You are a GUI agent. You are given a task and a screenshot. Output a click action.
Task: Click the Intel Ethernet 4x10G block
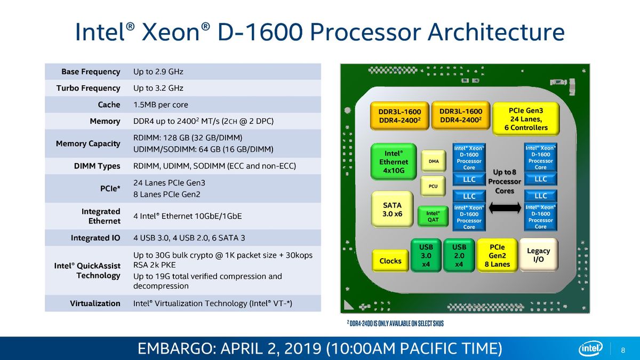pyautogui.click(x=394, y=162)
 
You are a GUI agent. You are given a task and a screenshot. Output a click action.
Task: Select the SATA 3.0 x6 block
pyautogui.click(x=392, y=210)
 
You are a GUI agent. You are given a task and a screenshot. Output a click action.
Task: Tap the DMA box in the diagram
pyautogui.click(x=434, y=161)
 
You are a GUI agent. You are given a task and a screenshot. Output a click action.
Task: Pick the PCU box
pyautogui.click(x=433, y=186)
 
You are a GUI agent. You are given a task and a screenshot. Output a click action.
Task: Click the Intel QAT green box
pyautogui.click(x=433, y=217)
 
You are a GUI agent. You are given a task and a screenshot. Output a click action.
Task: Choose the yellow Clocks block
pyautogui.click(x=390, y=261)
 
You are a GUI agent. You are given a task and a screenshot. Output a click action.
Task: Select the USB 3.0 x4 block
pyautogui.click(x=426, y=255)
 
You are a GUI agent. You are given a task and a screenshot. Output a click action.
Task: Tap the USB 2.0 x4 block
pyautogui.click(x=459, y=255)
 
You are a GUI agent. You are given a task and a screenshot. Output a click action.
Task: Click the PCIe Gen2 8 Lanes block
pyautogui.click(x=497, y=255)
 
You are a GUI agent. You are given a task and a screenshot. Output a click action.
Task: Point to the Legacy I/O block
pyautogui.click(x=538, y=255)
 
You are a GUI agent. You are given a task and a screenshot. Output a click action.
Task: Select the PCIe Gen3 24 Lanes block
pyautogui.click(x=526, y=119)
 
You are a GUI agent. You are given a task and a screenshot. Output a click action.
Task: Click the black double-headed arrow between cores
pyautogui.click(x=505, y=207)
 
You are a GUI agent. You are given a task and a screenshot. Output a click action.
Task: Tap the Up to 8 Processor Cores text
pyautogui.click(x=505, y=181)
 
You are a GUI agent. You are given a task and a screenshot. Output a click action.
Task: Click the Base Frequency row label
pyautogui.click(x=91, y=71)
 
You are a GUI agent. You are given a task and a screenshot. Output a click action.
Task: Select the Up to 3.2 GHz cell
pyautogui.click(x=158, y=88)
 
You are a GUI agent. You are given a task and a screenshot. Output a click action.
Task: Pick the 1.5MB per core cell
pyautogui.click(x=161, y=105)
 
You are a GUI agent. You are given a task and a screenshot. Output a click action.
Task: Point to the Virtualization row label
pyautogui.click(x=95, y=303)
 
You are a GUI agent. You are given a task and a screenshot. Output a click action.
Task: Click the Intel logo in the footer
pyautogui.click(x=590, y=348)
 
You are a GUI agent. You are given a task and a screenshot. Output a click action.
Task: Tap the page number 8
pyautogui.click(x=623, y=350)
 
